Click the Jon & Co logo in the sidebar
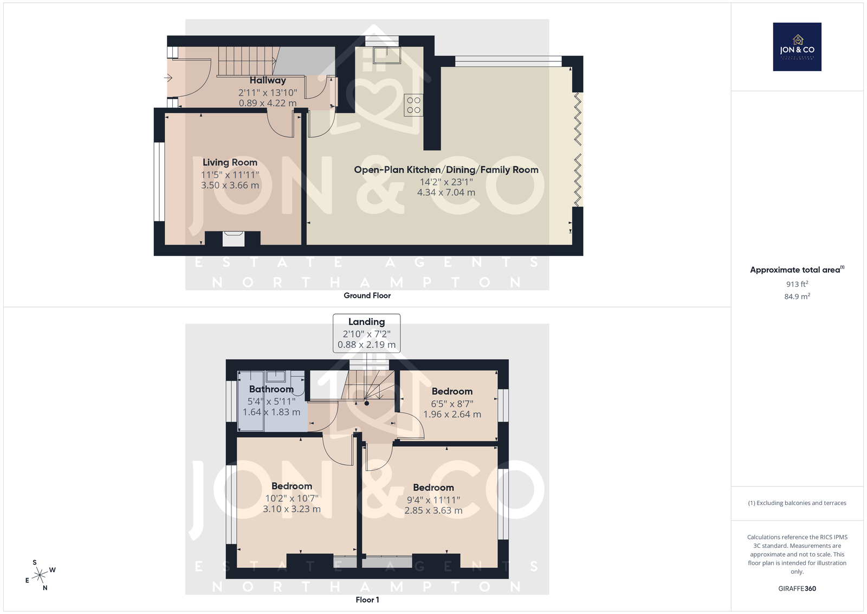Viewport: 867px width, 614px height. [797, 47]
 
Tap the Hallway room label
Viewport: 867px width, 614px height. [268, 80]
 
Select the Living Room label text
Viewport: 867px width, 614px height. [230, 162]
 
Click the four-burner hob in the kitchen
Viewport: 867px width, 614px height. [413, 105]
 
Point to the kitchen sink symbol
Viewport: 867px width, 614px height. [387, 55]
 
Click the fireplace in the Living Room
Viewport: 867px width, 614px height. [234, 238]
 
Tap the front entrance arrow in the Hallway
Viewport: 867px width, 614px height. [168, 78]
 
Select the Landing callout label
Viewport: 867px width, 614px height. [366, 322]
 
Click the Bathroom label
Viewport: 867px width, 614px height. [271, 389]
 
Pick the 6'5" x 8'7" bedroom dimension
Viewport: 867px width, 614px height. [452, 404]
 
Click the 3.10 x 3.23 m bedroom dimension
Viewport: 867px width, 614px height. [292, 509]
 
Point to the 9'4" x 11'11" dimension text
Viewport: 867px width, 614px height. [433, 500]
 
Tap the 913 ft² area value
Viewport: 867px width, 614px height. [797, 284]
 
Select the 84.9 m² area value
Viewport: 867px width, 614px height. [797, 296]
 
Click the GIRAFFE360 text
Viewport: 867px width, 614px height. [797, 589]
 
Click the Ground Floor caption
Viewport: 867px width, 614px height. [367, 296]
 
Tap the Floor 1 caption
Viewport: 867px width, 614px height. [367, 600]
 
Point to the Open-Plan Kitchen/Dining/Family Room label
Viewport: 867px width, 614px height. [447, 170]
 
